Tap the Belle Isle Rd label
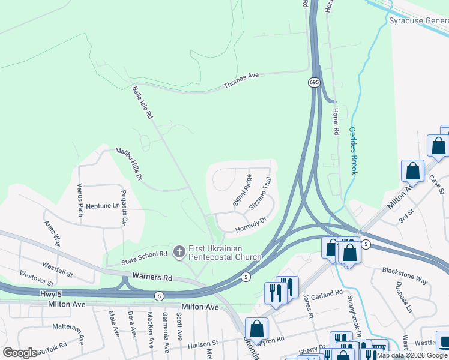coord(142,104)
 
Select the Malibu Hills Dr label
coord(129,163)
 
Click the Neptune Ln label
coord(103,206)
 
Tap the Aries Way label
coord(52,233)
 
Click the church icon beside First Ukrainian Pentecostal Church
coord(178,252)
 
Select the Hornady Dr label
coord(250,223)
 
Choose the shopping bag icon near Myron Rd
coord(256,329)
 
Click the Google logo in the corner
coord(20,353)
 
